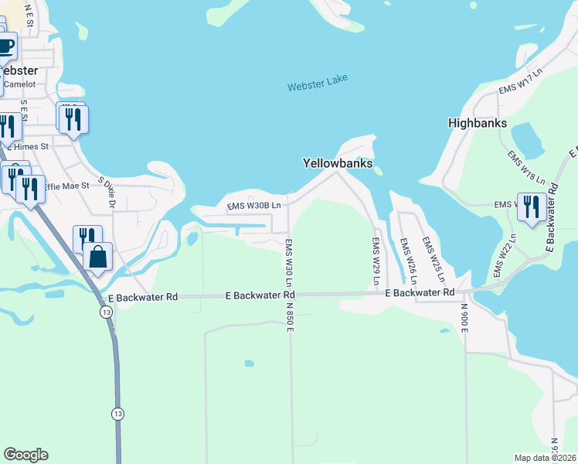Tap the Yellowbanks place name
click(337, 163)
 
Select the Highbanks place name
click(478, 123)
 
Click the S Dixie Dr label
click(111, 193)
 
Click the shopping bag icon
click(98, 257)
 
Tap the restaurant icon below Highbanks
click(530, 207)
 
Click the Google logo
click(25, 455)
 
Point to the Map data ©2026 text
click(546, 458)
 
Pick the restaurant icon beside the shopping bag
click(87, 238)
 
